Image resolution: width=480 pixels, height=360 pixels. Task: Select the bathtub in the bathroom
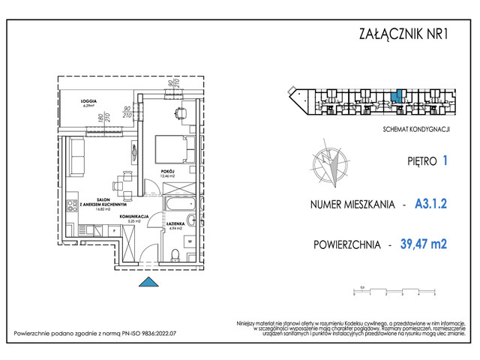click(x=177, y=205)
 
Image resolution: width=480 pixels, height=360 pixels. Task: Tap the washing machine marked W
click(x=190, y=241)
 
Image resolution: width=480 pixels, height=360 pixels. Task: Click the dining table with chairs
click(x=121, y=183)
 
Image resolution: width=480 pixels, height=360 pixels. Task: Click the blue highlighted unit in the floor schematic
click(x=400, y=96)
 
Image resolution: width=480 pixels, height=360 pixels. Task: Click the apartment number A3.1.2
click(x=430, y=203)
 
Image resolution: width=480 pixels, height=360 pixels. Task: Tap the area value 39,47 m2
click(x=425, y=244)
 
